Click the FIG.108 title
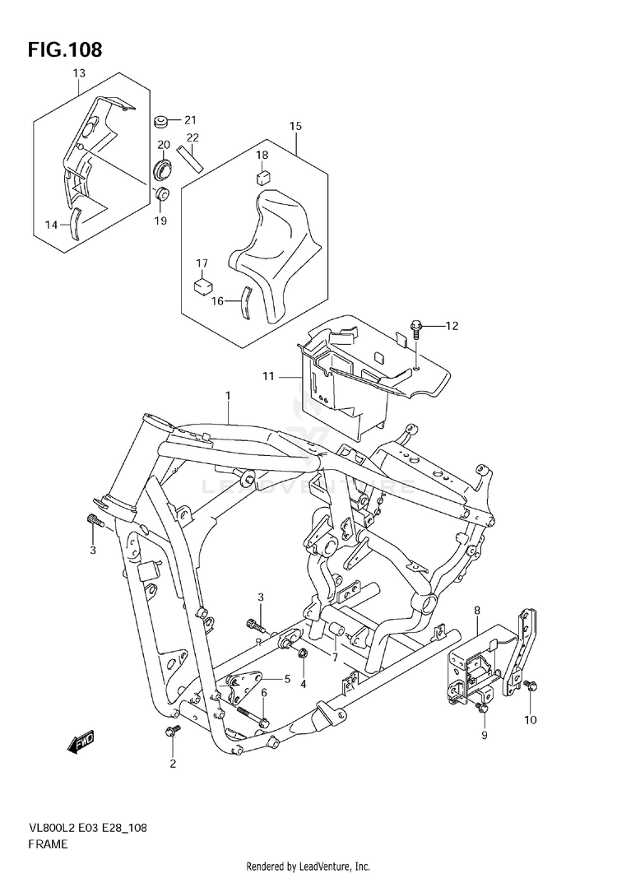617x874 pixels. (x=65, y=49)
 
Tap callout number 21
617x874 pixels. (x=190, y=120)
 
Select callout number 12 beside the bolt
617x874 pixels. (x=451, y=326)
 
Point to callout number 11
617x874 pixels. (x=267, y=376)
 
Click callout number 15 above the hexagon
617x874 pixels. (x=295, y=126)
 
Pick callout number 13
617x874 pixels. (x=78, y=74)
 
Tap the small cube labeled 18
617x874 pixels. (x=263, y=175)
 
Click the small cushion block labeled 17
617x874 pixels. (x=202, y=286)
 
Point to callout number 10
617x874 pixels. (x=530, y=720)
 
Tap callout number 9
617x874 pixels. (x=485, y=734)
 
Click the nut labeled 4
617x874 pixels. (x=302, y=654)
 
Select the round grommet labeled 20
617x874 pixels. (x=163, y=171)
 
